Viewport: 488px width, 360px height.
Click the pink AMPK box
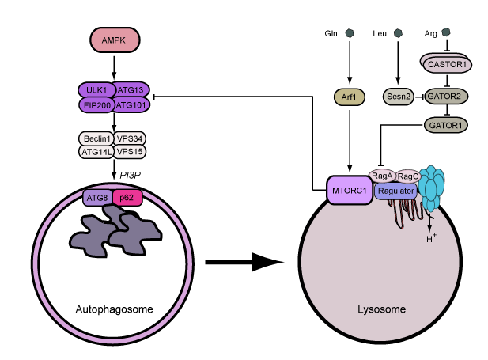(x=114, y=40)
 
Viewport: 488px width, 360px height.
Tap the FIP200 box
(x=96, y=104)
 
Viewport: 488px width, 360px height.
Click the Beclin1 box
(x=96, y=137)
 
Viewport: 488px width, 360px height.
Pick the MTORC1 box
(x=349, y=191)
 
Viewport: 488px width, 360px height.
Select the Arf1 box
(x=348, y=97)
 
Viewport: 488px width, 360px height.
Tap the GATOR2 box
(x=447, y=97)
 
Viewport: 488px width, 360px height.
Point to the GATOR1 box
(x=447, y=124)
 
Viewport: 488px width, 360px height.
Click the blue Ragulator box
(x=396, y=191)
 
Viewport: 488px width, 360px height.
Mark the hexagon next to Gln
(x=349, y=34)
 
